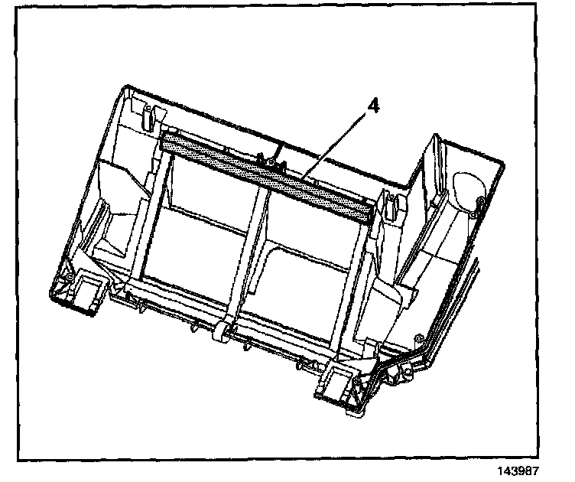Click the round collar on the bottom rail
(219, 330)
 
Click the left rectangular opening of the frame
(200, 230)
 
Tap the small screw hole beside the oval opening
(479, 201)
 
